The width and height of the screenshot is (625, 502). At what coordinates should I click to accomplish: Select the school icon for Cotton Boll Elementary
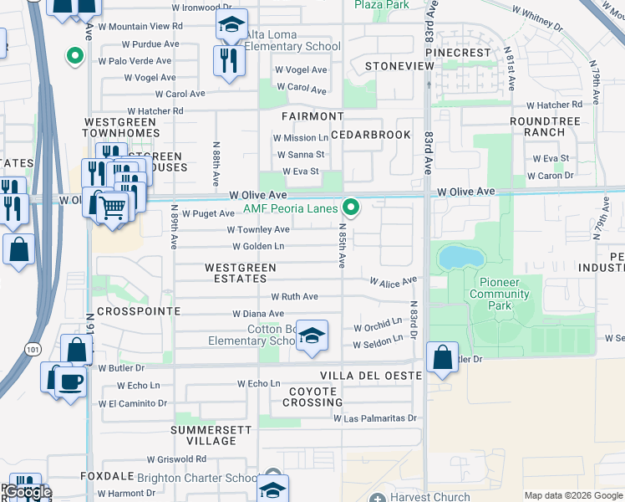pyautogui.click(x=312, y=336)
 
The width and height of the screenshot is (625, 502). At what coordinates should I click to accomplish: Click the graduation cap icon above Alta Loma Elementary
pyautogui.click(x=231, y=26)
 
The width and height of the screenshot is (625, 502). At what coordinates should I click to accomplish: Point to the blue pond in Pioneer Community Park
pyautogui.click(x=456, y=257)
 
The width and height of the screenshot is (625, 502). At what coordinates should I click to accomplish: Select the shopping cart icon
pyautogui.click(x=113, y=206)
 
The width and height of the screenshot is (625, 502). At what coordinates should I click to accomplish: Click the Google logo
pyautogui.click(x=28, y=492)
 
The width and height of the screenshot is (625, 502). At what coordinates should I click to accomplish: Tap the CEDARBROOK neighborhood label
pyautogui.click(x=371, y=135)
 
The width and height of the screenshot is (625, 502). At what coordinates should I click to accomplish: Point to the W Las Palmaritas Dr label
pyautogui.click(x=375, y=417)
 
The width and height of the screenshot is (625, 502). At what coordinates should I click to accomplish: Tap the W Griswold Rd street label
pyautogui.click(x=176, y=459)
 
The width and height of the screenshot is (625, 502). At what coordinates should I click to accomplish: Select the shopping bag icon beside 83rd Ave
pyautogui.click(x=442, y=357)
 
